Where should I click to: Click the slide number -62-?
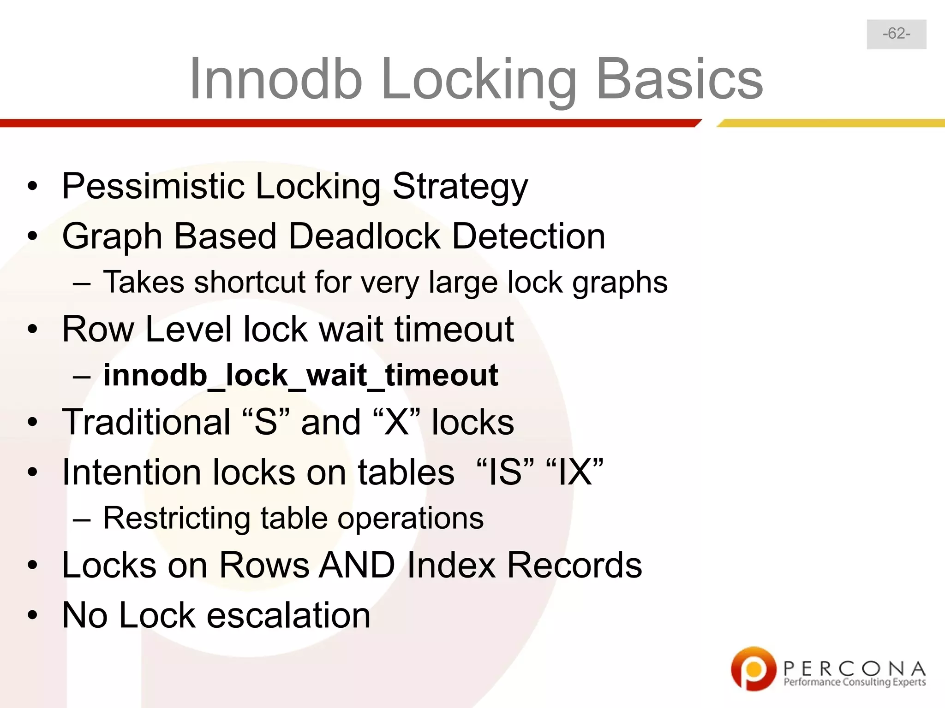tap(896, 34)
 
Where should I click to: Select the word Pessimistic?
tap(153, 186)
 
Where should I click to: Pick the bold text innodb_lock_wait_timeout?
tap(300, 375)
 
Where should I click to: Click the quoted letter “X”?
tap(396, 422)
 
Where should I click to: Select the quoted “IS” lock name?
tap(504, 472)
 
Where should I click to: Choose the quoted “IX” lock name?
tap(574, 472)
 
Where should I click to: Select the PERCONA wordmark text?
tap(855, 668)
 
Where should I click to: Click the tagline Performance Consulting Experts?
tap(855, 682)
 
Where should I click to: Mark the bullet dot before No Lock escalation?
tap(32, 615)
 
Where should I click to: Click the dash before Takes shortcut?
tap(81, 283)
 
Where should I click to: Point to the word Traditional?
tap(146, 422)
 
